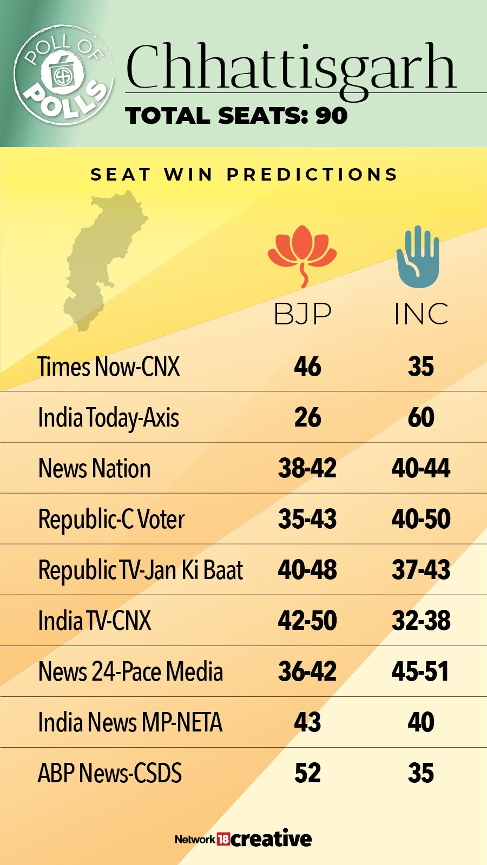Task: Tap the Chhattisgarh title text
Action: pos(291,68)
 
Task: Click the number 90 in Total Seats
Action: pos(331,116)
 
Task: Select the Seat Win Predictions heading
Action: pos(243,175)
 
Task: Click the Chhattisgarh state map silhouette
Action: pos(103,259)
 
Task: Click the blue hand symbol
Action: pos(418,256)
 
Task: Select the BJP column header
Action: pos(302,314)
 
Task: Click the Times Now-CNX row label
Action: pos(108,367)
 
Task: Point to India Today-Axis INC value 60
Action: pos(421,417)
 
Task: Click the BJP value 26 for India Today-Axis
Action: pos(307,417)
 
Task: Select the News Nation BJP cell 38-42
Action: pos(307,468)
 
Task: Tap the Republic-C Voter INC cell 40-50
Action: pos(421,519)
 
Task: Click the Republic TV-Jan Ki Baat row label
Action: pos(140,570)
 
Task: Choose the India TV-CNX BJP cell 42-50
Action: pos(307,621)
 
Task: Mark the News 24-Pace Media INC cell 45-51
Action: pos(421,671)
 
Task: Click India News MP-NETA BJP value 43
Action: pos(307,722)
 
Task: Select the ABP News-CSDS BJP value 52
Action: pos(307,773)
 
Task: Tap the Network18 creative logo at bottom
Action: pos(243,839)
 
